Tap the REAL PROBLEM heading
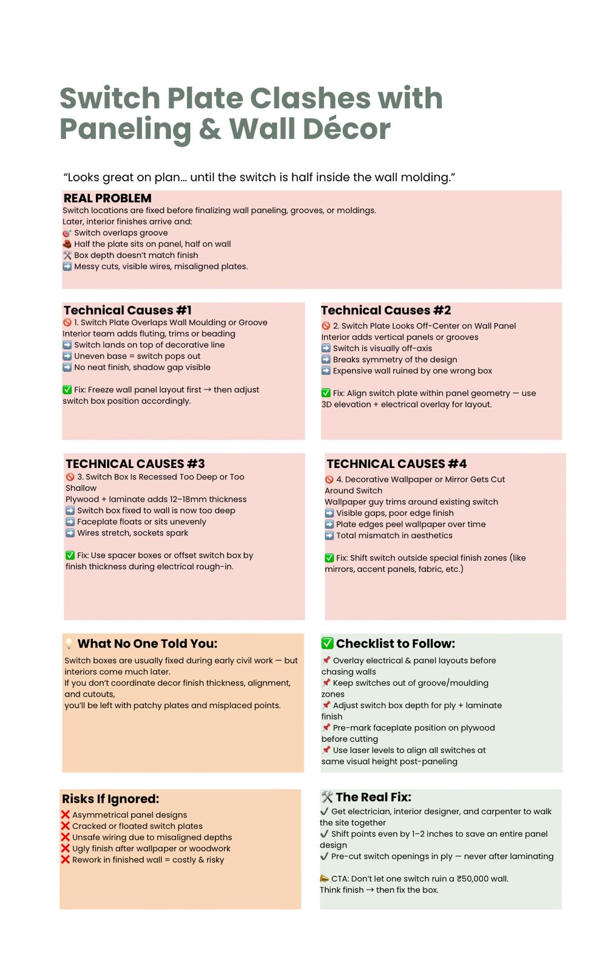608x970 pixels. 107,198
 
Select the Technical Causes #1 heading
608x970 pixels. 127,310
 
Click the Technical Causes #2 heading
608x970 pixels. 386,310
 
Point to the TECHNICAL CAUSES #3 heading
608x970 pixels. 135,464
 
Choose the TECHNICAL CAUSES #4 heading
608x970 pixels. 396,464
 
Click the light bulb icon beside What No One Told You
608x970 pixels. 69,644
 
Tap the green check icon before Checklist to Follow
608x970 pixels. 327,643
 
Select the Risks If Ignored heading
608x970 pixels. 110,799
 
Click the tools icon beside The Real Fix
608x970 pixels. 326,797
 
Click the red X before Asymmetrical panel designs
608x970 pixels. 66,815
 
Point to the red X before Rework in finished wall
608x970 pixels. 66,860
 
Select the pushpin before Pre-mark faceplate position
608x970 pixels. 326,727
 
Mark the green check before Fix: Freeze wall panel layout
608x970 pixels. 67,390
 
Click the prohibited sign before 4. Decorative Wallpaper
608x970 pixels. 329,480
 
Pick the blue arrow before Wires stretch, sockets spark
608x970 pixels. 70,533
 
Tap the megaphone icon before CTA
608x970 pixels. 324,878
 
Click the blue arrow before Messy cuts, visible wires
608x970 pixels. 67,266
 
